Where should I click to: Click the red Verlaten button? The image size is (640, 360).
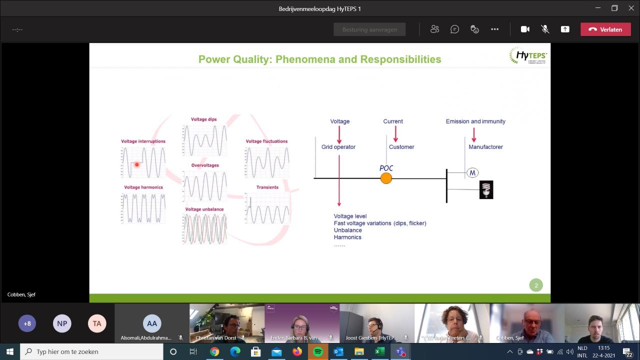pyautogui.click(x=605, y=29)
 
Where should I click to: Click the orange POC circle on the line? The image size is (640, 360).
pyautogui.click(x=386, y=178)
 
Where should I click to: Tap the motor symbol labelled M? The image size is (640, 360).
pyautogui.click(x=472, y=172)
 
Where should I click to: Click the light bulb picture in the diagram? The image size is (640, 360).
pyautogui.click(x=486, y=190)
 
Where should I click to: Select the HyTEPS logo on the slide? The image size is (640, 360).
pyautogui.click(x=528, y=56)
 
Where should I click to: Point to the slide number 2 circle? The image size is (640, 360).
pyautogui.click(x=536, y=285)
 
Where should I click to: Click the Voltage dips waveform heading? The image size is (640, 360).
pyautogui.click(x=204, y=119)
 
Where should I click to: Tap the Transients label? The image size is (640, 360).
pyautogui.click(x=267, y=187)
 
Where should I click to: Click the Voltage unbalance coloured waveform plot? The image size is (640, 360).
pyautogui.click(x=204, y=229)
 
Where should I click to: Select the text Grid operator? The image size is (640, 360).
pyautogui.click(x=338, y=147)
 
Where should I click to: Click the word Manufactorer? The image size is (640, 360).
pyautogui.click(x=485, y=147)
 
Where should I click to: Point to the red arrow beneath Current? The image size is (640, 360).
pyautogui.click(x=395, y=134)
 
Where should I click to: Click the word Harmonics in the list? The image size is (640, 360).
pyautogui.click(x=347, y=237)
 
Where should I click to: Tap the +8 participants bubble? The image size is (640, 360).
pyautogui.click(x=27, y=323)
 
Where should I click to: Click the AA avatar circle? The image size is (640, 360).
pyautogui.click(x=152, y=323)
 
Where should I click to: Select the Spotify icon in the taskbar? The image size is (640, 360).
pyautogui.click(x=318, y=351)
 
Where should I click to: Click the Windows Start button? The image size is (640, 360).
pyautogui.click(x=10, y=351)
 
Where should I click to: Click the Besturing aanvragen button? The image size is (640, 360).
pyautogui.click(x=369, y=29)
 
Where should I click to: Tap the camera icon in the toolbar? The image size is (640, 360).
pyautogui.click(x=525, y=29)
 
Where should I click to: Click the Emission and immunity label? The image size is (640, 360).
pyautogui.click(x=475, y=121)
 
